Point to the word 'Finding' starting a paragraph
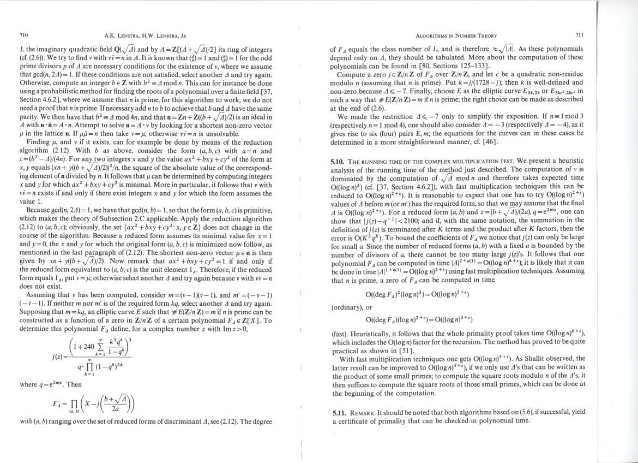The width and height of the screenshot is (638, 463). (40, 141)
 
